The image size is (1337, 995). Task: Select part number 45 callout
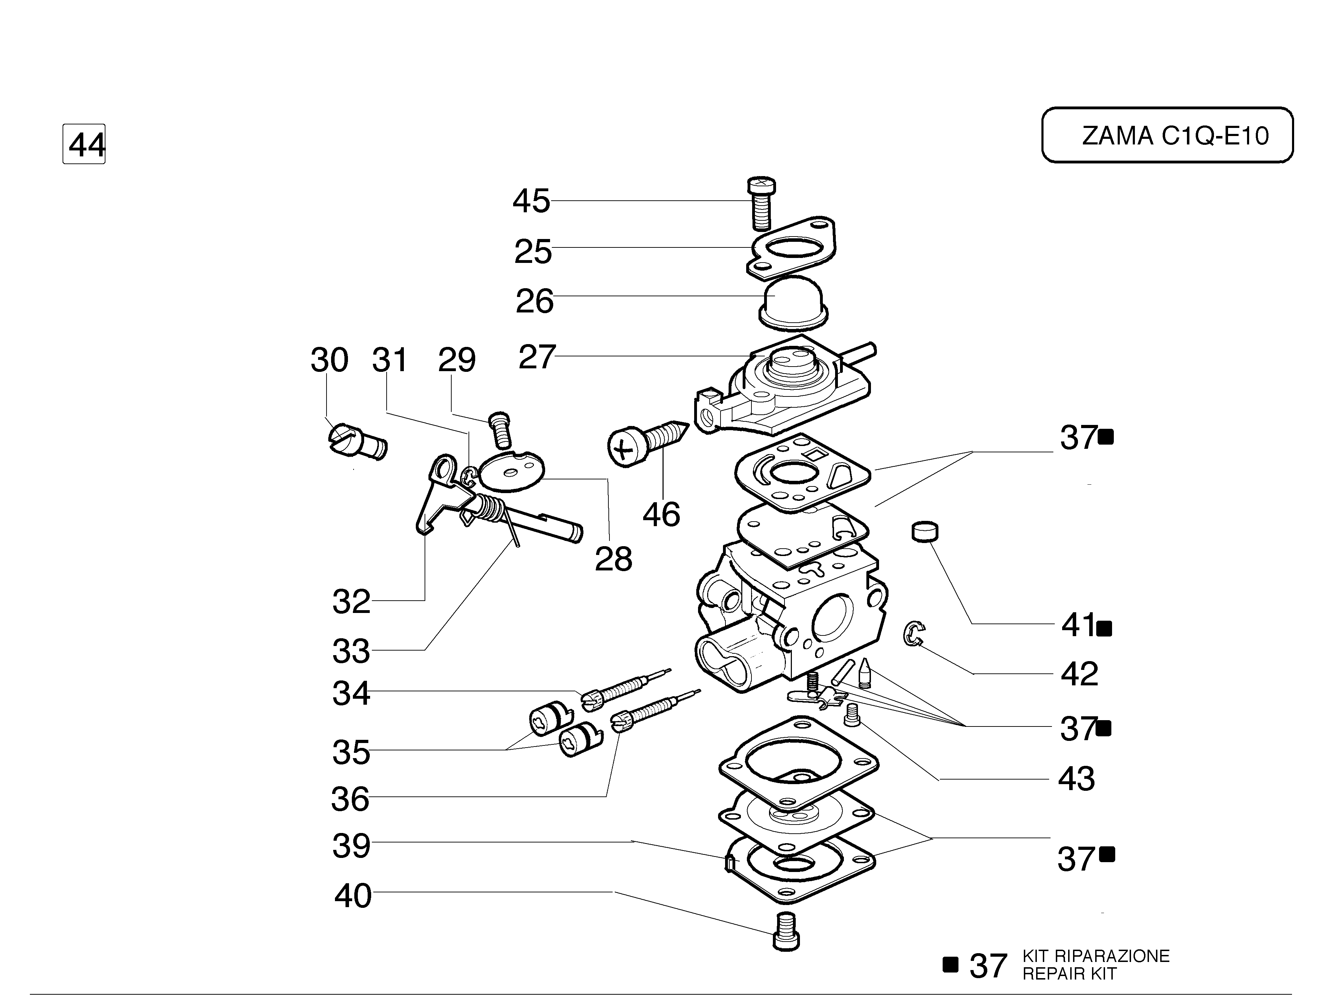click(531, 201)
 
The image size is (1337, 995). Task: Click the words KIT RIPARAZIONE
click(1096, 956)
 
